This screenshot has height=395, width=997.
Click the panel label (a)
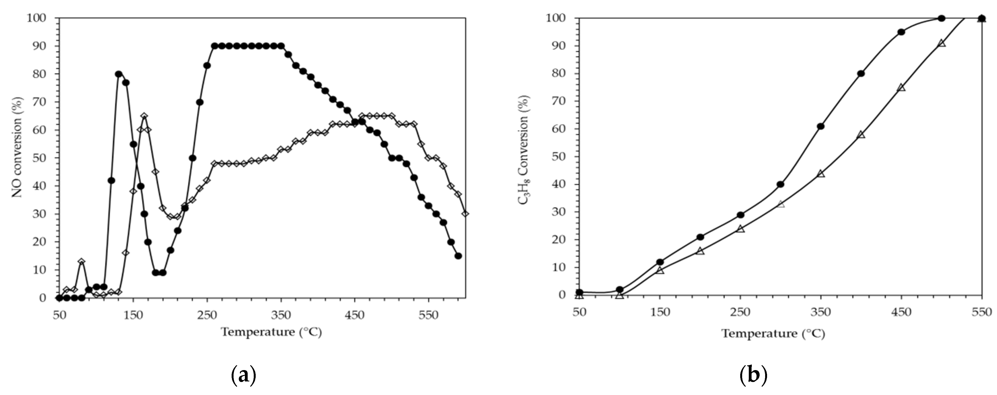tap(244, 376)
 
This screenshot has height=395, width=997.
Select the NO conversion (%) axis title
tap(17, 147)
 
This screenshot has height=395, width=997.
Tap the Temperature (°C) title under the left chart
tap(271, 332)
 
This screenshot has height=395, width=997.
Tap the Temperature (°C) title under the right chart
tap(773, 334)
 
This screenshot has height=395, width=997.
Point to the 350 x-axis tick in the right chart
tap(820, 312)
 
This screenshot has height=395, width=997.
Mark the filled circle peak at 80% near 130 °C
tap(118, 74)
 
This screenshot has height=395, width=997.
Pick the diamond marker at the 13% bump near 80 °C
tap(81, 261)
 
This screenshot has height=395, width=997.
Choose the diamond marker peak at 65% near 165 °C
tap(144, 116)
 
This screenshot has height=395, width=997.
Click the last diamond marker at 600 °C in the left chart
tap(465, 214)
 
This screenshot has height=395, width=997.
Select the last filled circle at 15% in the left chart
tap(458, 256)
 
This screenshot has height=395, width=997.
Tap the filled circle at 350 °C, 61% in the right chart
tap(820, 126)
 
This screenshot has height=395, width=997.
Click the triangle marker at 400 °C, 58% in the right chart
tap(861, 134)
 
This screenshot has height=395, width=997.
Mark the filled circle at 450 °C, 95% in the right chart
tap(901, 32)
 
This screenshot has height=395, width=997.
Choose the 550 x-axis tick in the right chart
tap(982, 312)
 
